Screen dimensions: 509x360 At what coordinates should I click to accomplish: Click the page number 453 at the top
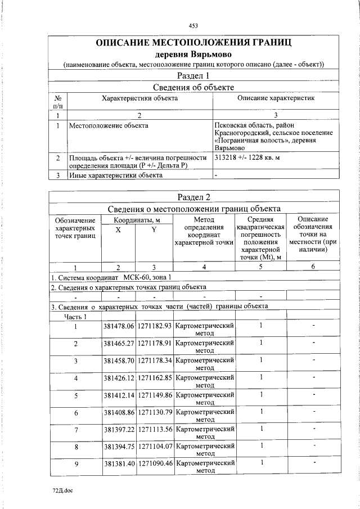[193, 26]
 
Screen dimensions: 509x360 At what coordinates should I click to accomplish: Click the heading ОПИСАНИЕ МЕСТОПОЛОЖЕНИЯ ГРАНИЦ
[193, 43]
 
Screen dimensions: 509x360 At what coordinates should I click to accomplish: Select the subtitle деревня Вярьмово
[193, 55]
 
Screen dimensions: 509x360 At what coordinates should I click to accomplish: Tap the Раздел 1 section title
[193, 75]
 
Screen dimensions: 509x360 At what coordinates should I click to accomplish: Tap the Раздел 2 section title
[193, 197]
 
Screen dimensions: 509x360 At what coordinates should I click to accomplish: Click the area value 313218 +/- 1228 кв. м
[248, 157]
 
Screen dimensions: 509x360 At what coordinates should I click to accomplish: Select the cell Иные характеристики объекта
[115, 175]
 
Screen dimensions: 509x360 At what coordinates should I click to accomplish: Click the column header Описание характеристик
[276, 98]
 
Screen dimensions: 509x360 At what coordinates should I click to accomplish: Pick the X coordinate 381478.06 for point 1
[119, 326]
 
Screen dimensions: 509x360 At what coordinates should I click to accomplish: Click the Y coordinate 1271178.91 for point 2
[154, 343]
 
